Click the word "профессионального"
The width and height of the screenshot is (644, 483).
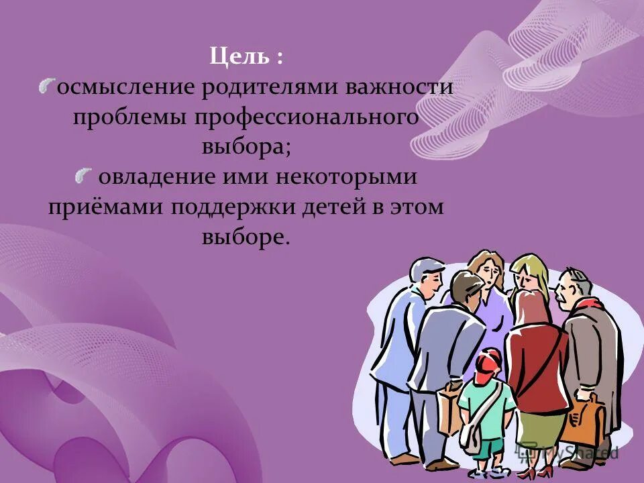coord(307,118)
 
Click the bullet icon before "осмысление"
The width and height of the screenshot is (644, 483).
coord(47,85)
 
